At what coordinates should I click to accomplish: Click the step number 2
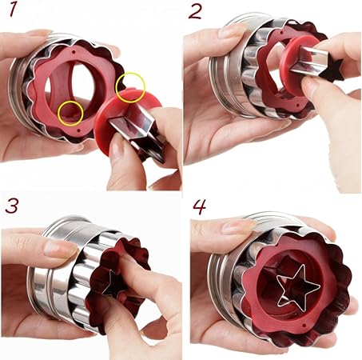(x=195, y=12)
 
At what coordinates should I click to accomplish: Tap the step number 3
(x=12, y=206)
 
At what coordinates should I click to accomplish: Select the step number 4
(x=200, y=206)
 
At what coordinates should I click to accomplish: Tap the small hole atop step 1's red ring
(x=74, y=51)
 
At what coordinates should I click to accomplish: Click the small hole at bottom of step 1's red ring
(x=78, y=131)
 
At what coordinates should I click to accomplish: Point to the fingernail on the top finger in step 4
(x=233, y=226)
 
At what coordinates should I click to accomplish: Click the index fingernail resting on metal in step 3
(x=54, y=247)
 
